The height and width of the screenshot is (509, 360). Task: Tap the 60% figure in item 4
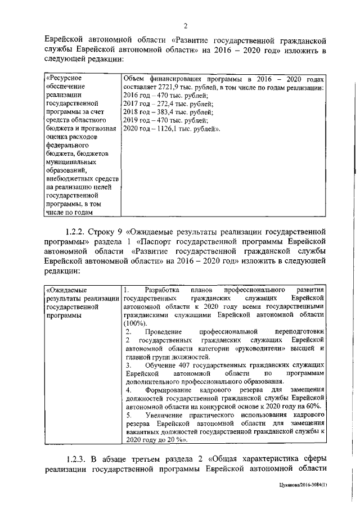click(x=313, y=406)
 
